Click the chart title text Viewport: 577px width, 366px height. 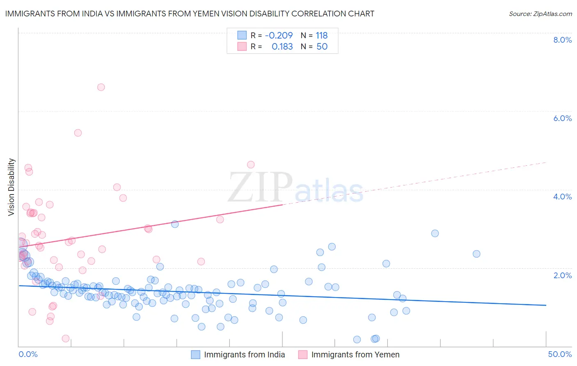pyautogui.click(x=190, y=14)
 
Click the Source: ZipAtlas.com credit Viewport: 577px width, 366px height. pyautogui.click(x=540, y=14)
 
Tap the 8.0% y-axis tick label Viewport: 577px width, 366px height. pyautogui.click(x=562, y=40)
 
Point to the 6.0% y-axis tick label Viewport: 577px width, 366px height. pyautogui.click(x=562, y=118)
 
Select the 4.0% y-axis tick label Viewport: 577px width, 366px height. pyautogui.click(x=562, y=197)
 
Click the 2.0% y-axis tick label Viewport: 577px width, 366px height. pyautogui.click(x=562, y=275)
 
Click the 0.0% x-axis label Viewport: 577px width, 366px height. pyautogui.click(x=28, y=354)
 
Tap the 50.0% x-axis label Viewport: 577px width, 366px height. pyautogui.click(x=560, y=354)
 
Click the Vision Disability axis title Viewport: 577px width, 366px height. pyautogui.click(x=11, y=187)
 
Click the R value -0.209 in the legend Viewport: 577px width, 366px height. pyautogui.click(x=279, y=36)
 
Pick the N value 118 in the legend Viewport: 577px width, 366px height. pyautogui.click(x=322, y=36)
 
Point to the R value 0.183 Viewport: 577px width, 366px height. pyautogui.click(x=282, y=47)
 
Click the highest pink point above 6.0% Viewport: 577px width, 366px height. pyautogui.click(x=101, y=87)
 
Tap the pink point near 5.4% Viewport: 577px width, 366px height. pyautogui.click(x=78, y=133)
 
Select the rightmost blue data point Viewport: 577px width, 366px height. pyautogui.click(x=476, y=254)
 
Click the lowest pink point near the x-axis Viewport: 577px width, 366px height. pyautogui.click(x=66, y=339)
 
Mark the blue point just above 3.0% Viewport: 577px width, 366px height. pyautogui.click(x=175, y=224)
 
